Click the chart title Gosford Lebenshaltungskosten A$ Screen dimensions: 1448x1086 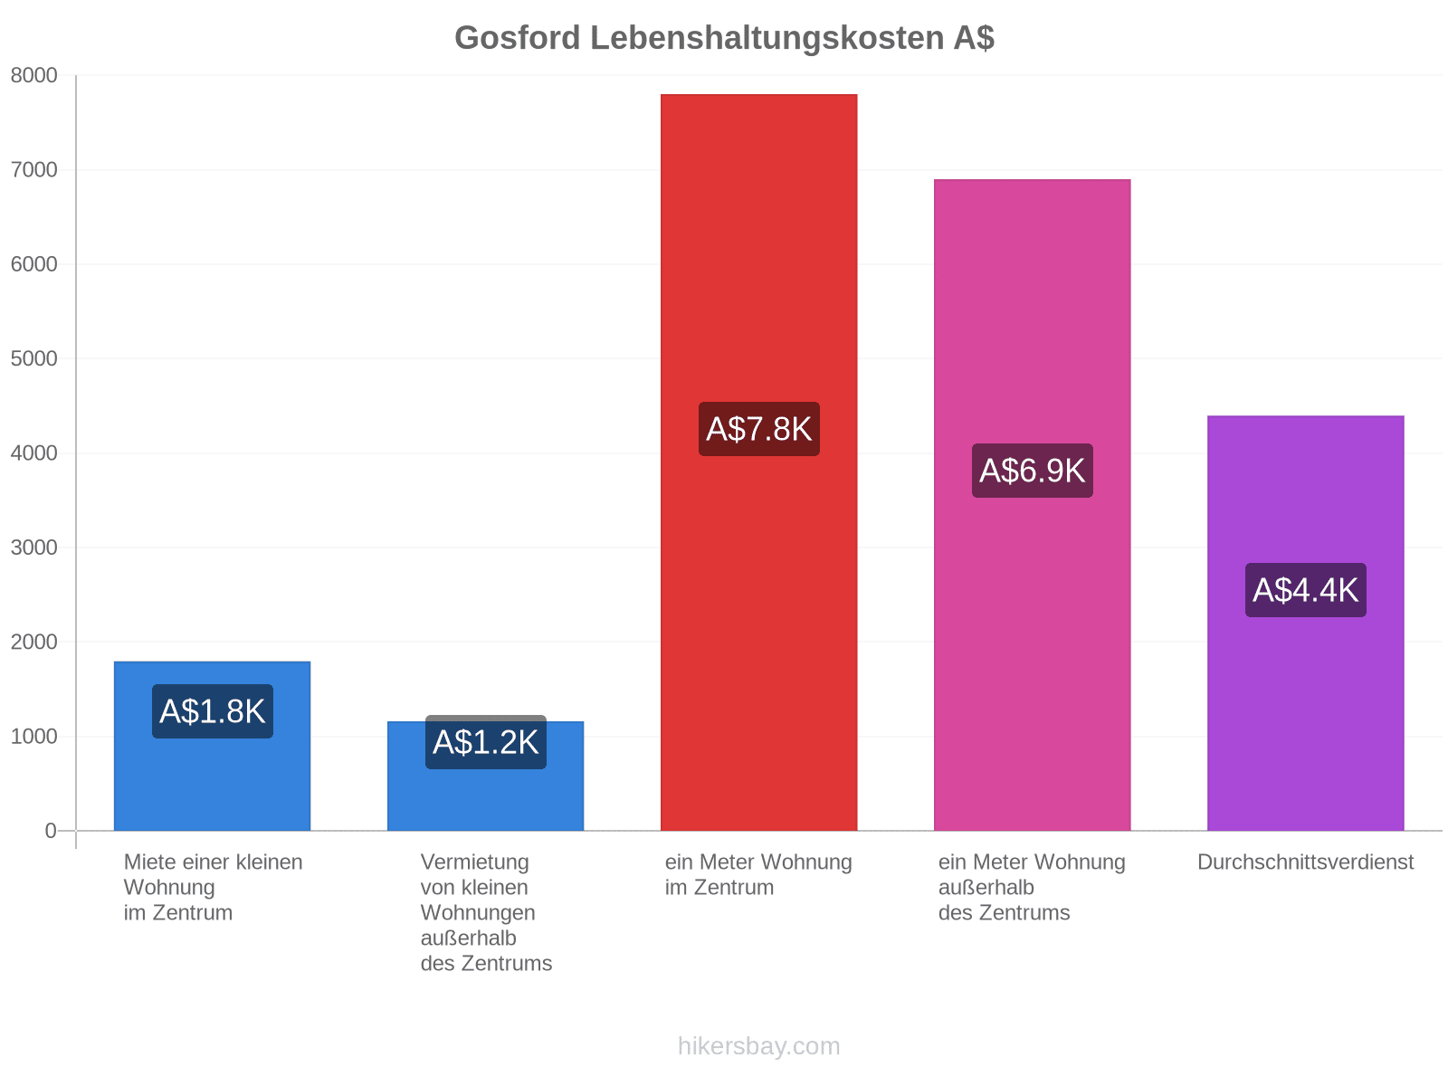click(x=724, y=38)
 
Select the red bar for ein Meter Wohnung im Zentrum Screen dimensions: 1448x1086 click(x=758, y=462)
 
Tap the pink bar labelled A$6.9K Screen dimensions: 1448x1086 click(x=1032, y=504)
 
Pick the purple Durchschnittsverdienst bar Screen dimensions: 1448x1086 click(x=1305, y=623)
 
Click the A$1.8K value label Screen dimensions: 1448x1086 click(x=213, y=710)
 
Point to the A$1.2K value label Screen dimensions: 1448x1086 click(x=485, y=742)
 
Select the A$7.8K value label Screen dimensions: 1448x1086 click(x=758, y=429)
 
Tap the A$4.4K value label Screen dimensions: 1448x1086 click(x=1305, y=589)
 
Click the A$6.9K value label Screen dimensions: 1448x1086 click(x=1032, y=470)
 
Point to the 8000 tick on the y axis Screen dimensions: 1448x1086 click(x=33, y=75)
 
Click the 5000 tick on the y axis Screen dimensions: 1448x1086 click(x=33, y=358)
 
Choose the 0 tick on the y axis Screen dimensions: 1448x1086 click(x=51, y=830)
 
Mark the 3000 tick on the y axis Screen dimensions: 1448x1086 click(x=33, y=548)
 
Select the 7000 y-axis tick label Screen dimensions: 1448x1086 click(x=33, y=169)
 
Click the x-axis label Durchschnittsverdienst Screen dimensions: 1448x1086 click(x=1305, y=862)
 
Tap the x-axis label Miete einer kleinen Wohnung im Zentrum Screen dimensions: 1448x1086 click(x=213, y=887)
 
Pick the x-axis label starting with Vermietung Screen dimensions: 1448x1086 click(x=486, y=912)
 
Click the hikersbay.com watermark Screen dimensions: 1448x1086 click(x=758, y=1046)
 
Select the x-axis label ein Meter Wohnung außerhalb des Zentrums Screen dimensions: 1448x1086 click(x=1032, y=887)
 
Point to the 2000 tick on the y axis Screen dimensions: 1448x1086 click(x=33, y=642)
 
